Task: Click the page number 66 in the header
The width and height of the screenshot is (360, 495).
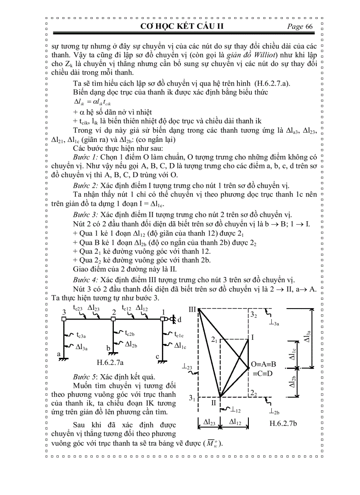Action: tap(308, 26)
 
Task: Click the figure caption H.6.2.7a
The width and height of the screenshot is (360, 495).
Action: tap(110, 362)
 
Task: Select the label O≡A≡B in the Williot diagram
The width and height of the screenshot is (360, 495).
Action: tap(264, 364)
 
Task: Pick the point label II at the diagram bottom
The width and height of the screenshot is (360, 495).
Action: tap(214, 402)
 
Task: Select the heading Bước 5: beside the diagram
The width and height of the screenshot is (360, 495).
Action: tap(86, 377)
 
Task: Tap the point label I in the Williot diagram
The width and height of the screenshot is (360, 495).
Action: tap(252, 337)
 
